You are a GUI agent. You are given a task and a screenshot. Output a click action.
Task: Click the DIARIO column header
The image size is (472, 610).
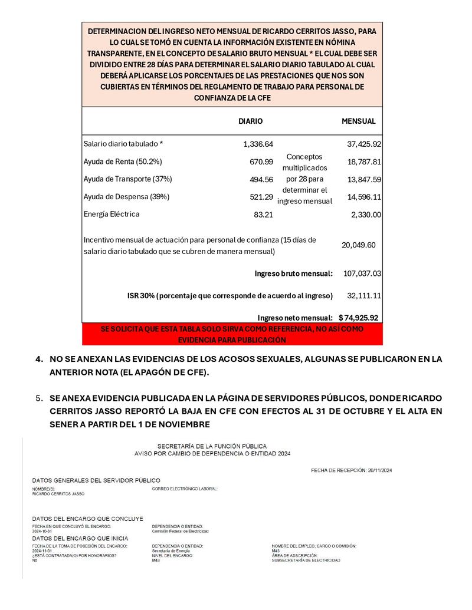click(250, 121)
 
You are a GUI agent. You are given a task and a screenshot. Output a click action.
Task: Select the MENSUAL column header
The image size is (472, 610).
click(359, 121)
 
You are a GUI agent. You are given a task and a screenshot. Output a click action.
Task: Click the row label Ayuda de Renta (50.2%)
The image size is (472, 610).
click(123, 161)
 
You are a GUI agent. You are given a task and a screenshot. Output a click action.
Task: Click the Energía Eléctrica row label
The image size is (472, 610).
click(112, 214)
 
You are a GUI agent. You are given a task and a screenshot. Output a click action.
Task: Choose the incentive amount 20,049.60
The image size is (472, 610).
click(359, 245)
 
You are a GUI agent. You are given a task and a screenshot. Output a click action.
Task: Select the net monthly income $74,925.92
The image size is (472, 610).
click(358, 317)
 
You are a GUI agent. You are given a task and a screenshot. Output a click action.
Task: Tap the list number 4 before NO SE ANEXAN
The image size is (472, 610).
click(39, 358)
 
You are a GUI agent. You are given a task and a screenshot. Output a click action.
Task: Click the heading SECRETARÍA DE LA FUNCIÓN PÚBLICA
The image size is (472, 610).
click(212, 446)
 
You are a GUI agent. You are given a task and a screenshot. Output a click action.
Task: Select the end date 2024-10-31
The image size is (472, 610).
click(42, 531)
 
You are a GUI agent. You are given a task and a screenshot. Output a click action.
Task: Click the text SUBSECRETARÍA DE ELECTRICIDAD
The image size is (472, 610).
click(306, 560)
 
